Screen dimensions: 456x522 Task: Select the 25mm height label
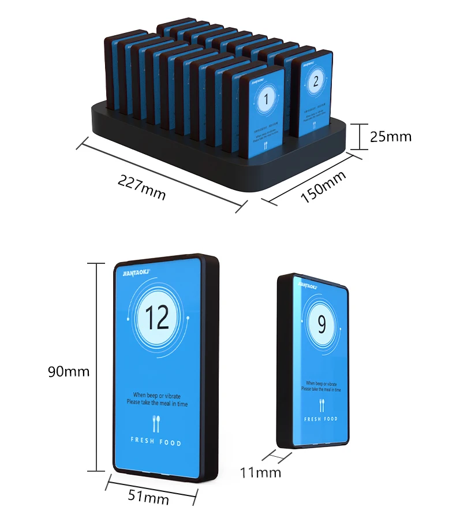391,136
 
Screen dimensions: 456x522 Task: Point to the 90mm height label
69,371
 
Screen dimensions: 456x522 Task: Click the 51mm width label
148,497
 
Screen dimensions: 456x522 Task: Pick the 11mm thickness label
260,472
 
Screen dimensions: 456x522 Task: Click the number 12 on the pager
157,317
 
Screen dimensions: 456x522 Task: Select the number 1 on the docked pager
266,100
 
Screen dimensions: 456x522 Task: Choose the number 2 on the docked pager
315,81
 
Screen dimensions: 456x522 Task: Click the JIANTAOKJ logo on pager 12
137,269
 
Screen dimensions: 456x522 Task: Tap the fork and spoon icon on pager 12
156,424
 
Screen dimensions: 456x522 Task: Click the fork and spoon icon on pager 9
322,404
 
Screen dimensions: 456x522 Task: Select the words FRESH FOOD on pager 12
156,443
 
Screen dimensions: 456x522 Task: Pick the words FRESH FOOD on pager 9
321,419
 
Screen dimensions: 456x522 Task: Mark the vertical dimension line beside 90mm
96,367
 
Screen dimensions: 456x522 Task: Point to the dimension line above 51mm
152,484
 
